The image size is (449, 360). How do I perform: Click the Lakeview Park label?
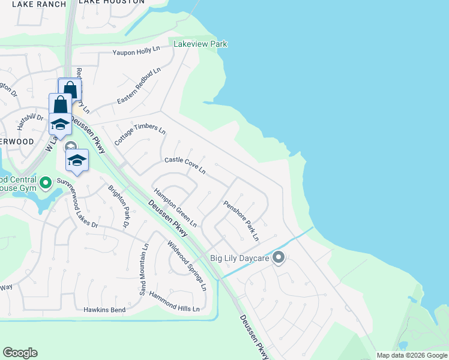[x=200, y=44]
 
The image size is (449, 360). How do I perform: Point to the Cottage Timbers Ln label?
[x=140, y=135]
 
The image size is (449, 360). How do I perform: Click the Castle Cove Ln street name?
[x=185, y=166]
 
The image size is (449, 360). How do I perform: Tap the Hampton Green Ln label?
[x=175, y=208]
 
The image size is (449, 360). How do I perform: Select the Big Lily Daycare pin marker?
[x=279, y=258]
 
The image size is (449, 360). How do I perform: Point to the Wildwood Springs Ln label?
[x=187, y=266]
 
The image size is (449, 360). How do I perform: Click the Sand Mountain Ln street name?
[x=143, y=270]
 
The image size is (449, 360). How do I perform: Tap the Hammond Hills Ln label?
[x=174, y=302]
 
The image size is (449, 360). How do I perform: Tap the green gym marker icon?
[x=46, y=181]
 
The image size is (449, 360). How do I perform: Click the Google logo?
[x=20, y=353]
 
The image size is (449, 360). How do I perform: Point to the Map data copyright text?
[x=412, y=355]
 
